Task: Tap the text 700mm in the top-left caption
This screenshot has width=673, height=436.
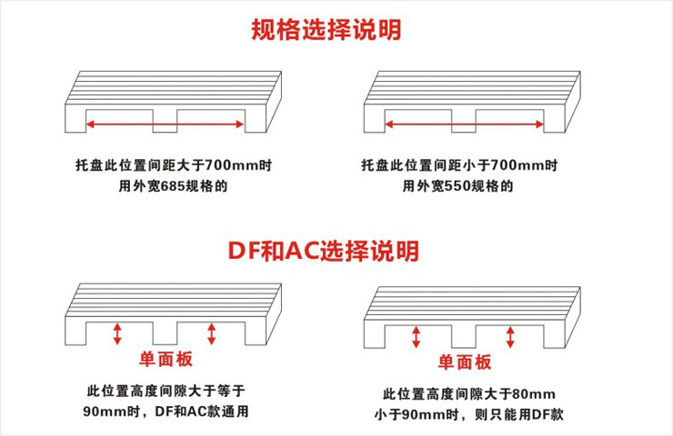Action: (x=230, y=166)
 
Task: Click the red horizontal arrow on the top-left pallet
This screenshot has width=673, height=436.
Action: (x=164, y=122)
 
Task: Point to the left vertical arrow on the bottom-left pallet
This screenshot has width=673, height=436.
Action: (x=117, y=332)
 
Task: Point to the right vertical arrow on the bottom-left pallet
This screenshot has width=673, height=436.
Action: (x=212, y=332)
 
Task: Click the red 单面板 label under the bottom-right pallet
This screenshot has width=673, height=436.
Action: (x=465, y=362)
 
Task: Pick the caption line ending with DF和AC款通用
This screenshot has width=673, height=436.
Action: (x=165, y=411)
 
